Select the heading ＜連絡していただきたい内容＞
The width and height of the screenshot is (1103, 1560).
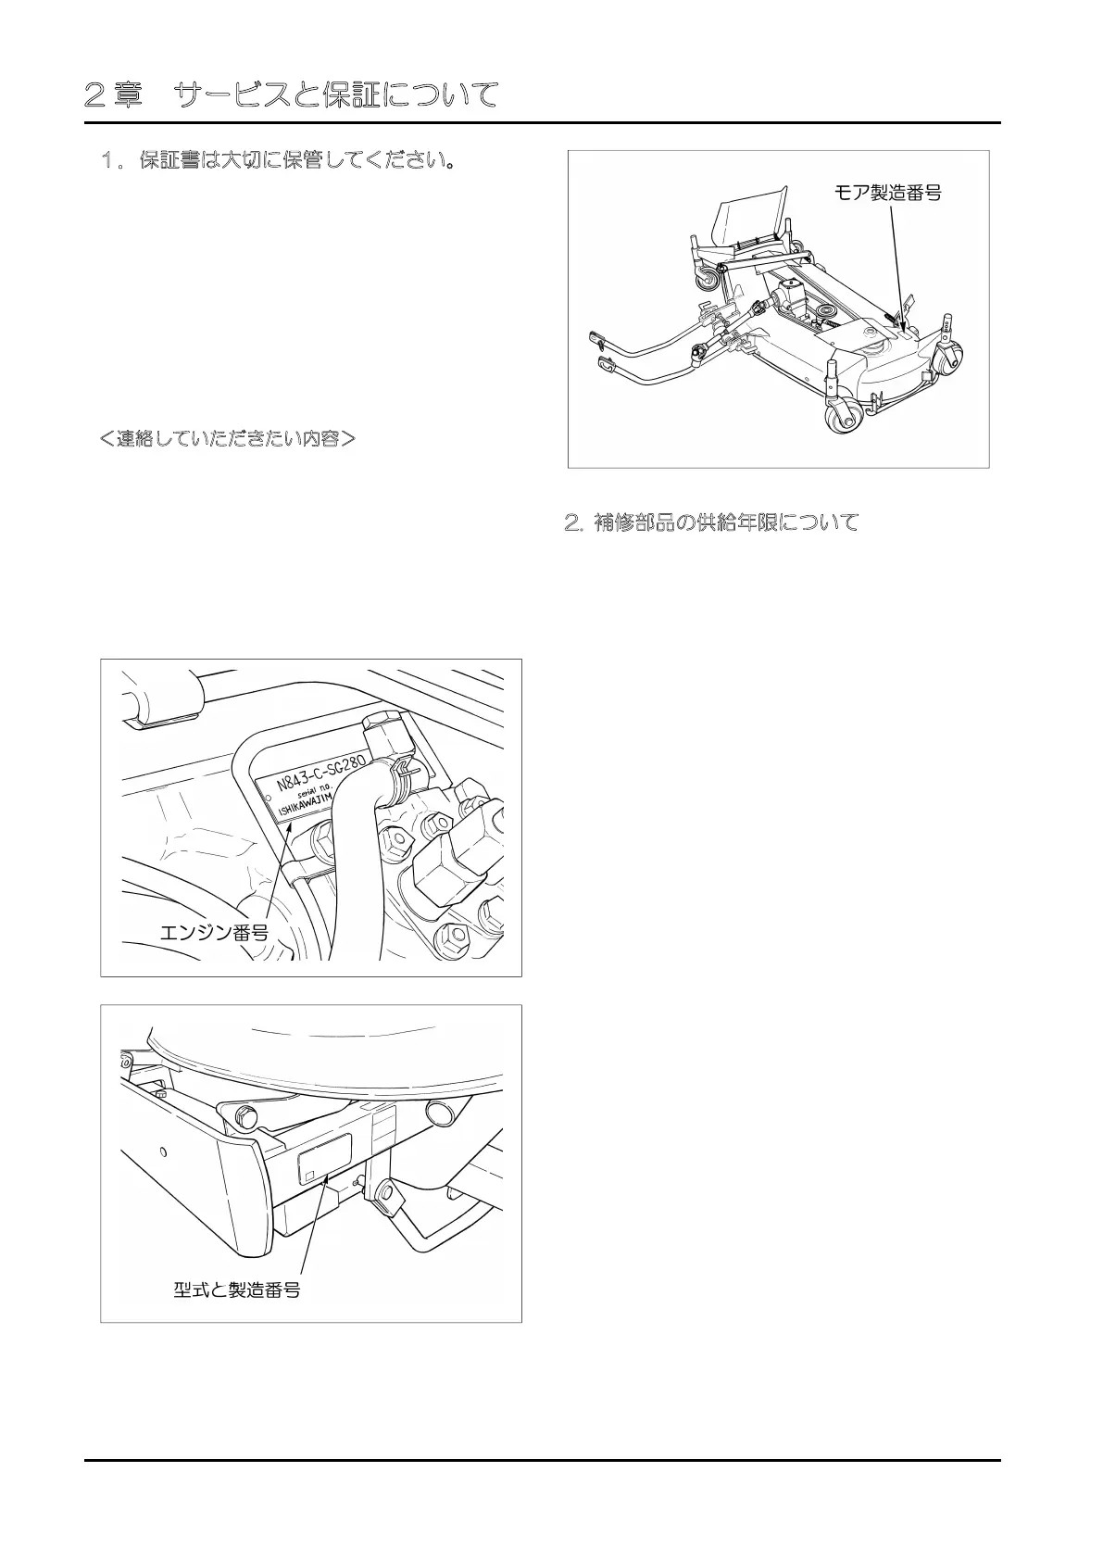(227, 437)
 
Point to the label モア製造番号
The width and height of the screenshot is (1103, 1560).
(888, 193)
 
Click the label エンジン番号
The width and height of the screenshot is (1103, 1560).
(215, 932)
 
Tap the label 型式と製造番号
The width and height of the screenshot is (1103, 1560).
(237, 1289)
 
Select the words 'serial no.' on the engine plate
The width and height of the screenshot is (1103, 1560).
(326, 798)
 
